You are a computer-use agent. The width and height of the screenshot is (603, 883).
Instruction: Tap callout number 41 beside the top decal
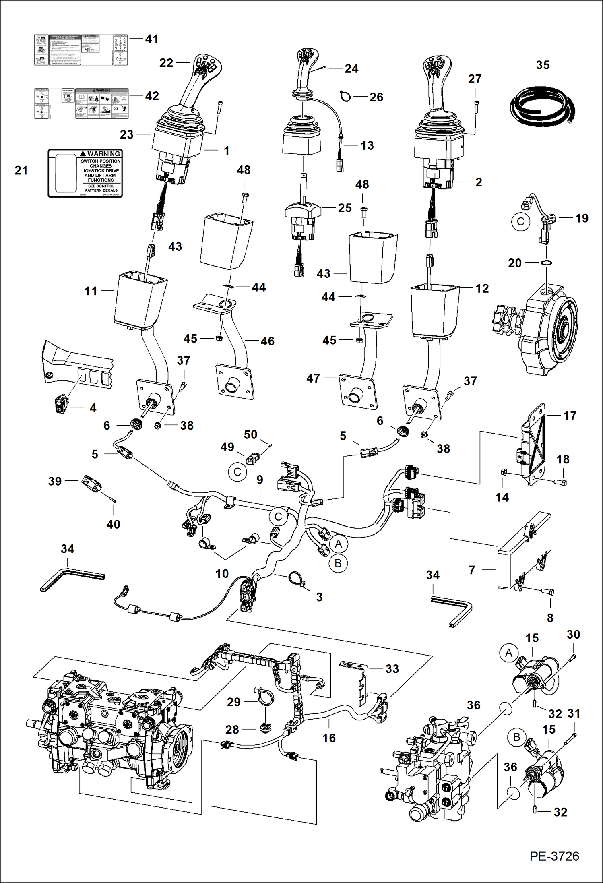click(x=152, y=39)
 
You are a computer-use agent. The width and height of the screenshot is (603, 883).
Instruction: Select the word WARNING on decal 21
click(x=103, y=154)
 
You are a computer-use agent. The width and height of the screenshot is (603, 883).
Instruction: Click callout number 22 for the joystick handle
click(x=166, y=63)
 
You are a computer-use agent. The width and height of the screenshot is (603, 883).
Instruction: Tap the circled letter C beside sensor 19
click(x=520, y=222)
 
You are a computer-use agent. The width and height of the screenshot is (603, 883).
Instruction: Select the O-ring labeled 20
click(x=546, y=263)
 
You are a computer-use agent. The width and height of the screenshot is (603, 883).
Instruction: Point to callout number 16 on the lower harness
click(x=329, y=738)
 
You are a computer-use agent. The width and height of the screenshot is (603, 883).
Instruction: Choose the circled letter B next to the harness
click(x=338, y=563)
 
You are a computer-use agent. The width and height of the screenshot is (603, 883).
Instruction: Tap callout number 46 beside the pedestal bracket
click(x=267, y=341)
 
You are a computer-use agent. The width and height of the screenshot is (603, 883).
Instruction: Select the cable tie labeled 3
click(x=298, y=580)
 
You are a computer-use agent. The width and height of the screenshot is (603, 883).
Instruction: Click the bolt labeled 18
click(x=560, y=482)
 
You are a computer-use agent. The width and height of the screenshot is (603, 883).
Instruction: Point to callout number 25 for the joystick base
click(x=345, y=208)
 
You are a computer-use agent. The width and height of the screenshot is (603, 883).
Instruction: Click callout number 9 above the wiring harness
click(x=260, y=480)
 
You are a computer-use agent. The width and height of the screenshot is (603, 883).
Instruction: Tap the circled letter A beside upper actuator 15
click(x=509, y=653)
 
